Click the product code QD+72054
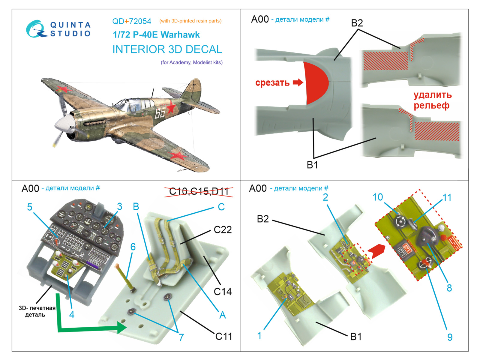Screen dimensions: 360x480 (x=132, y=21)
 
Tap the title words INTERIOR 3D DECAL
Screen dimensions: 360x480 (x=167, y=49)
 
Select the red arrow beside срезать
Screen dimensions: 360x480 (x=298, y=82)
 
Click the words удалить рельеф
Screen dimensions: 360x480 (x=432, y=100)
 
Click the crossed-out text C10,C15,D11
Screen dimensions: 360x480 (x=199, y=191)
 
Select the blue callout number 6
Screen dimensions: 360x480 (x=133, y=247)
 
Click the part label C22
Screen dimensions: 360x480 (x=223, y=230)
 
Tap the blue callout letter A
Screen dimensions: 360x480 (x=222, y=315)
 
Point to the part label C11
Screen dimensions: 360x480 (x=223, y=337)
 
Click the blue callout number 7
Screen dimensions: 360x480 (x=181, y=337)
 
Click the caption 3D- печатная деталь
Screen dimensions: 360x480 (x=37, y=311)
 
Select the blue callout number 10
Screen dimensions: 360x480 (x=378, y=197)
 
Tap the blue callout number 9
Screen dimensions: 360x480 (x=450, y=337)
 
